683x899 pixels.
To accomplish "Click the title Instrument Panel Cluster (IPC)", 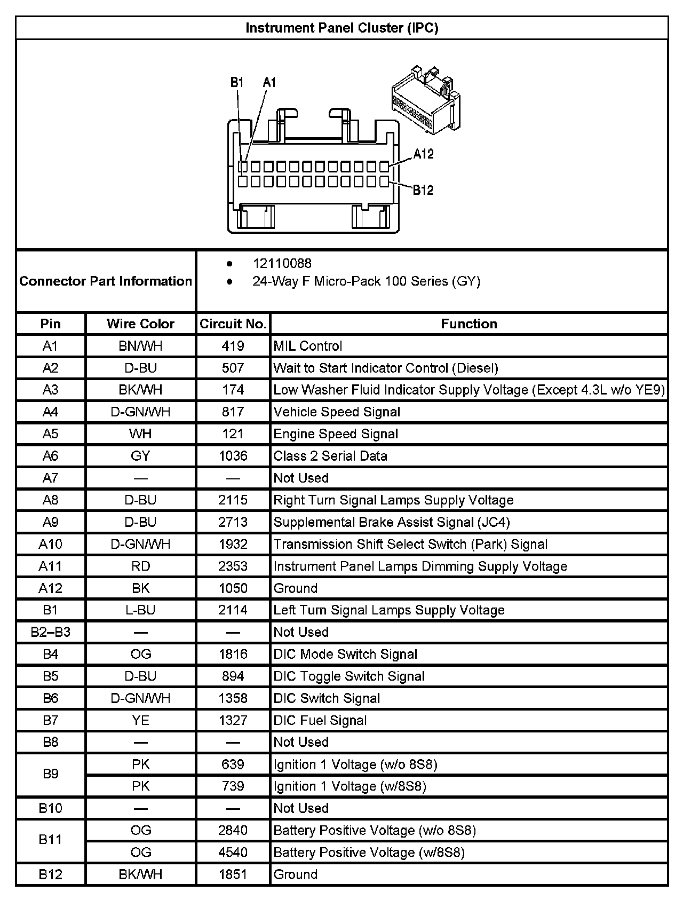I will click(x=341, y=28).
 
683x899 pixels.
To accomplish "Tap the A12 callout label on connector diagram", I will click(x=423, y=154).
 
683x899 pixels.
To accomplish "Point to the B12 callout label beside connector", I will click(x=423, y=190).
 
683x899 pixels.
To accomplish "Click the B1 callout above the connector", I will click(x=237, y=82).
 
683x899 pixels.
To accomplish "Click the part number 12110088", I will click(x=282, y=263).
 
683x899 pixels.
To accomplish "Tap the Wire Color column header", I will click(x=140, y=324).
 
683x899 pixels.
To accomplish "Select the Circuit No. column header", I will click(x=233, y=324).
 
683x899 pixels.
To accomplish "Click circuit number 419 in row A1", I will click(x=233, y=346).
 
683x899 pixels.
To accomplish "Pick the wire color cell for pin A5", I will click(x=140, y=434).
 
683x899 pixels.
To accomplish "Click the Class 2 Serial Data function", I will click(x=330, y=456).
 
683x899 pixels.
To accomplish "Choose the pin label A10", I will click(x=50, y=544).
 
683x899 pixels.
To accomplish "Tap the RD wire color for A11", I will click(x=140, y=566).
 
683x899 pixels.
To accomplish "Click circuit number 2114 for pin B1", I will click(x=233, y=610).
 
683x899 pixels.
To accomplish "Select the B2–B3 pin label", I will click(x=50, y=632).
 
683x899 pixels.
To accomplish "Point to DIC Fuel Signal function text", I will click(x=320, y=720).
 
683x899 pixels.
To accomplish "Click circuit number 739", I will click(x=233, y=786).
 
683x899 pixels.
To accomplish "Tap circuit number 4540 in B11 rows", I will click(x=233, y=852).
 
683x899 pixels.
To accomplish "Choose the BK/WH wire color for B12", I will click(x=140, y=874).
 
